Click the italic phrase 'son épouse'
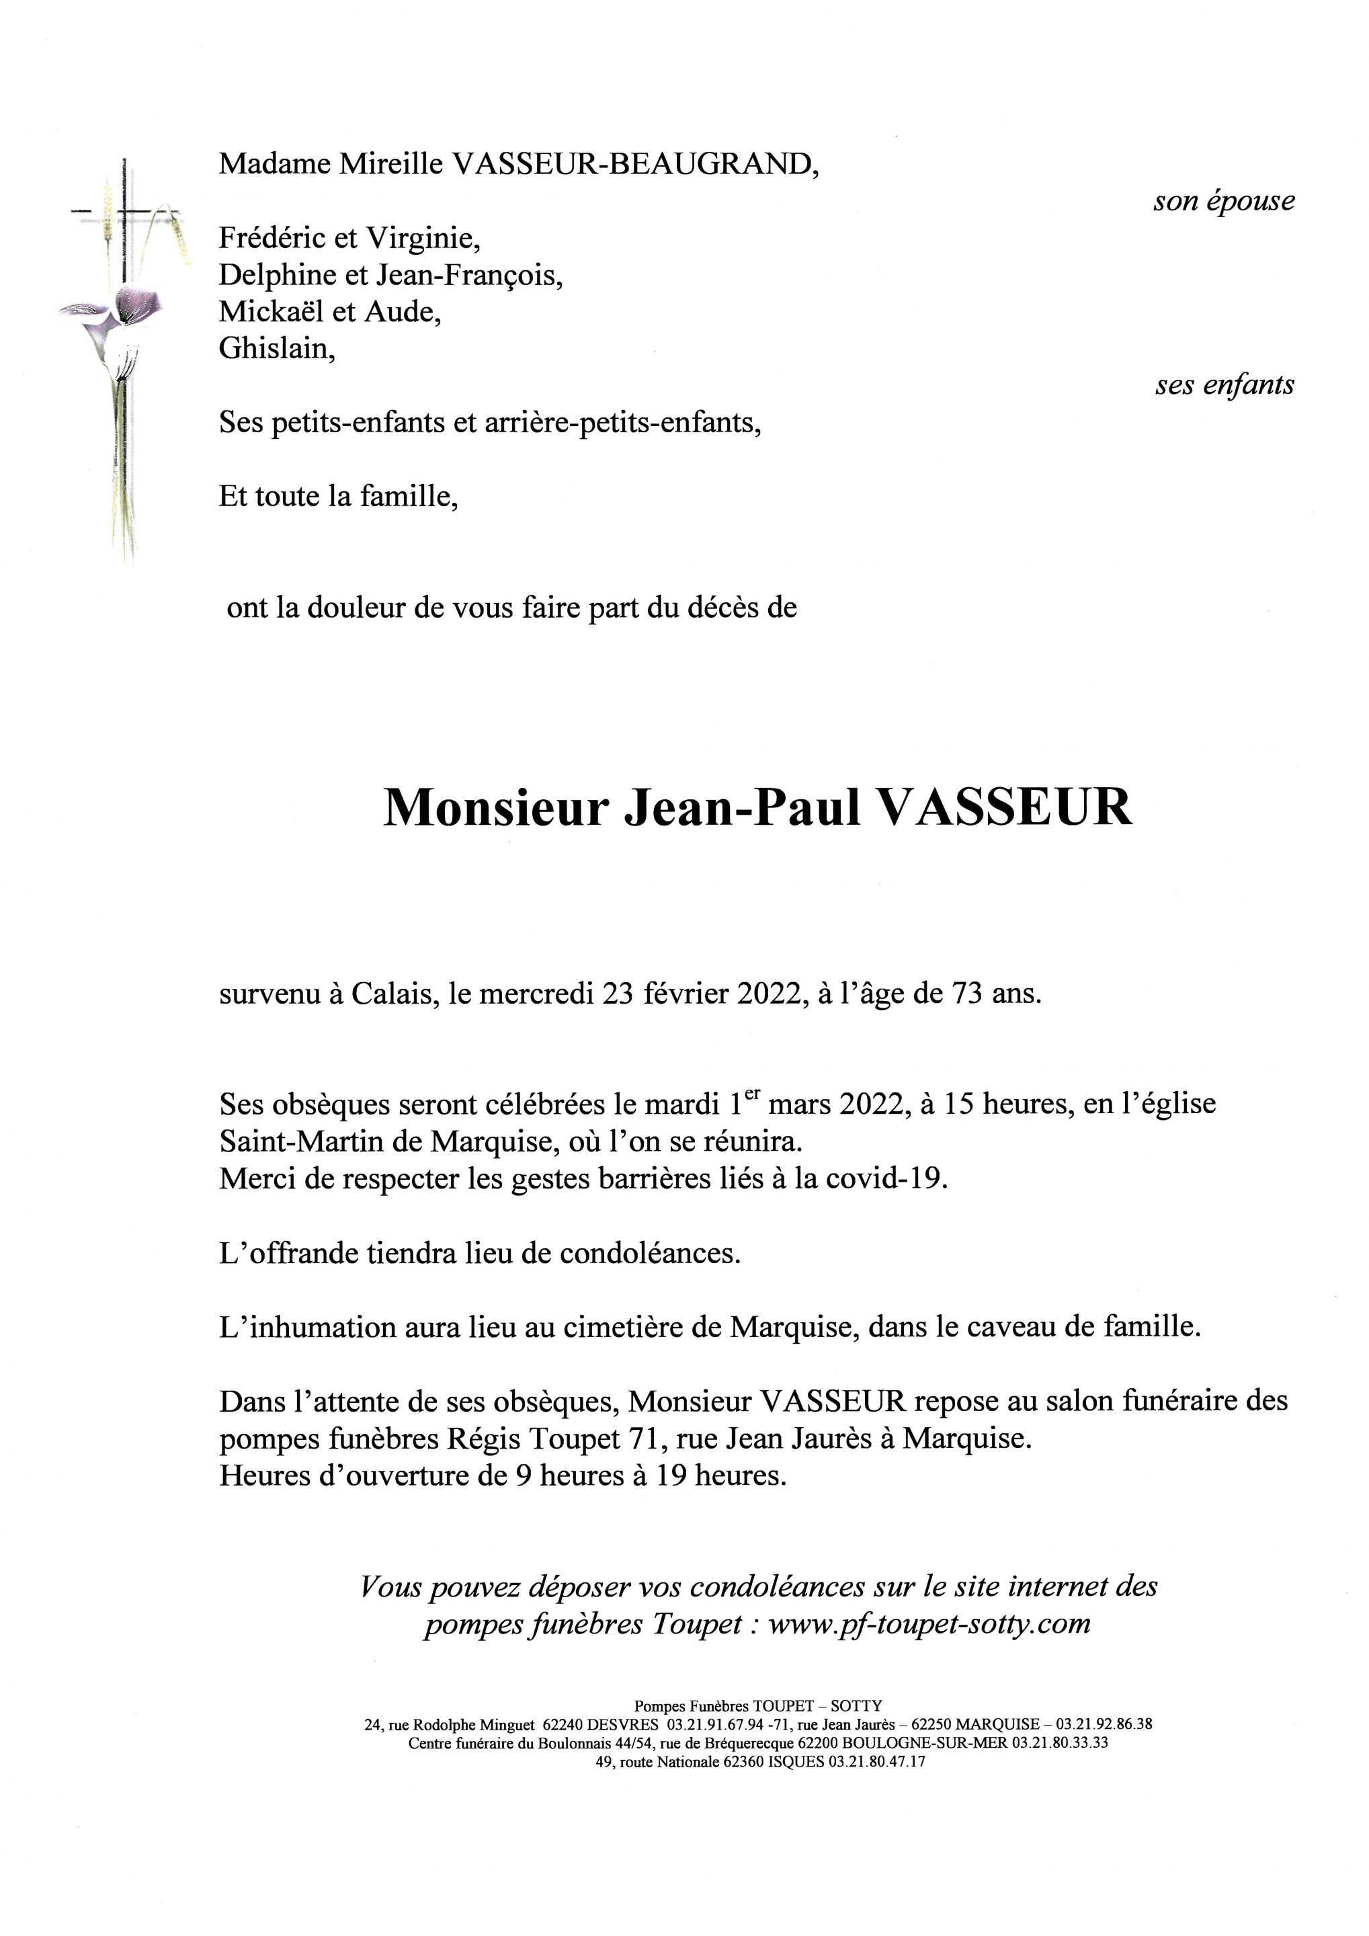pyautogui.click(x=1223, y=202)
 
